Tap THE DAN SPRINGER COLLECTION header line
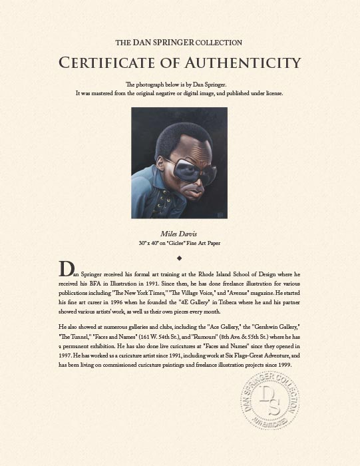(179, 43)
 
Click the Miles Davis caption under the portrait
(180, 234)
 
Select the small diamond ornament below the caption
(180, 256)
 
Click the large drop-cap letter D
(66, 269)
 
